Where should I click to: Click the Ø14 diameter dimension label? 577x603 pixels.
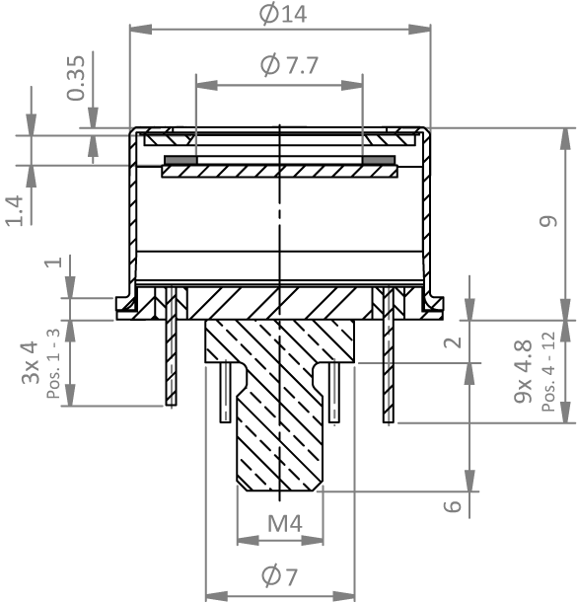point(283,14)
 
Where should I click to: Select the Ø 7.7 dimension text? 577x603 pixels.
point(289,64)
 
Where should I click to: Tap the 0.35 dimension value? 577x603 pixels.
point(76,78)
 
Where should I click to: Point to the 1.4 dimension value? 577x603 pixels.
point(15,210)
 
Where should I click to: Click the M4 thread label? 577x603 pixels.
point(285,523)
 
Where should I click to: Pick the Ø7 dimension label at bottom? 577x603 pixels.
point(279,576)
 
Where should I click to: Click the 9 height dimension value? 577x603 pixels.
point(548,221)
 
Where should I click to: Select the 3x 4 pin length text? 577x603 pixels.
point(31,362)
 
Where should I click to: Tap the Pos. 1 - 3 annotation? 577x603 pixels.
point(53,363)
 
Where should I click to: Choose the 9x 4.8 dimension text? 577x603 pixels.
point(523,371)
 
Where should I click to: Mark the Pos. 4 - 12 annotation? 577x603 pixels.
point(549,371)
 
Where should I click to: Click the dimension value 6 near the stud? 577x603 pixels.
point(453,506)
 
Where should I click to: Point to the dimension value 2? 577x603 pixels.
point(453,341)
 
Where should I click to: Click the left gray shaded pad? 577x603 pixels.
point(180,160)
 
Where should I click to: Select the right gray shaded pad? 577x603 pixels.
point(379,160)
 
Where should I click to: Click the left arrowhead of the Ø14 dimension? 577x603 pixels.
point(141,30)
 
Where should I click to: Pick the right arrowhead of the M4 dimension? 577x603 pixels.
point(312,540)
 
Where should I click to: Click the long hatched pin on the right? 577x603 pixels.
point(389,354)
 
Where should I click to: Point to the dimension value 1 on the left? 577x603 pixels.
point(53,262)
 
